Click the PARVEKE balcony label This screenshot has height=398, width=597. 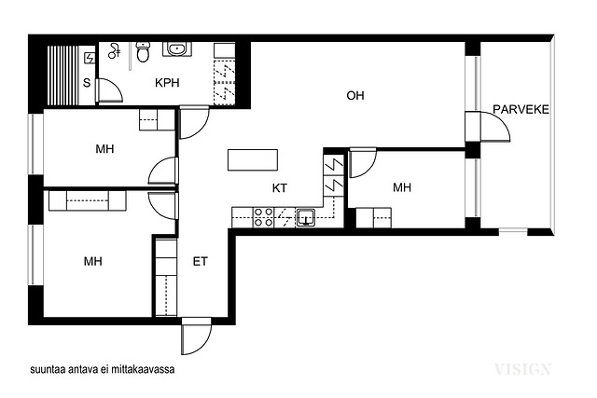(521, 110)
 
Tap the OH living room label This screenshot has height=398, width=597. (354, 95)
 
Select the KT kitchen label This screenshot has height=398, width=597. (280, 188)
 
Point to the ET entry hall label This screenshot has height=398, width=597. (200, 261)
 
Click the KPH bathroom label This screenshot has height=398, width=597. (167, 83)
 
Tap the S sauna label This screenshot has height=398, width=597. (87, 83)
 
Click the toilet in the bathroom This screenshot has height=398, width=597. (143, 52)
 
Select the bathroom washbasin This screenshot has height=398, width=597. (176, 49)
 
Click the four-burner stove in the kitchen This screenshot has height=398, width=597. (263, 217)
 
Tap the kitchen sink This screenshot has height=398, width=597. (305, 217)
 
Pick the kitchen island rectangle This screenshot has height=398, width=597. (253, 159)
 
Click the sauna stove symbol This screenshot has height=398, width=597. (90, 58)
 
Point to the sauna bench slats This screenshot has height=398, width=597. (62, 75)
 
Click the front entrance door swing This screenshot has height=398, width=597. (196, 336)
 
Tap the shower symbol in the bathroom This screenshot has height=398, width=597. (114, 51)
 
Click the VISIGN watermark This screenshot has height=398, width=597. (522, 369)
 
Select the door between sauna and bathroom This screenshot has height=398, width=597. (109, 90)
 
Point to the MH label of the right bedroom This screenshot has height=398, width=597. (402, 187)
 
